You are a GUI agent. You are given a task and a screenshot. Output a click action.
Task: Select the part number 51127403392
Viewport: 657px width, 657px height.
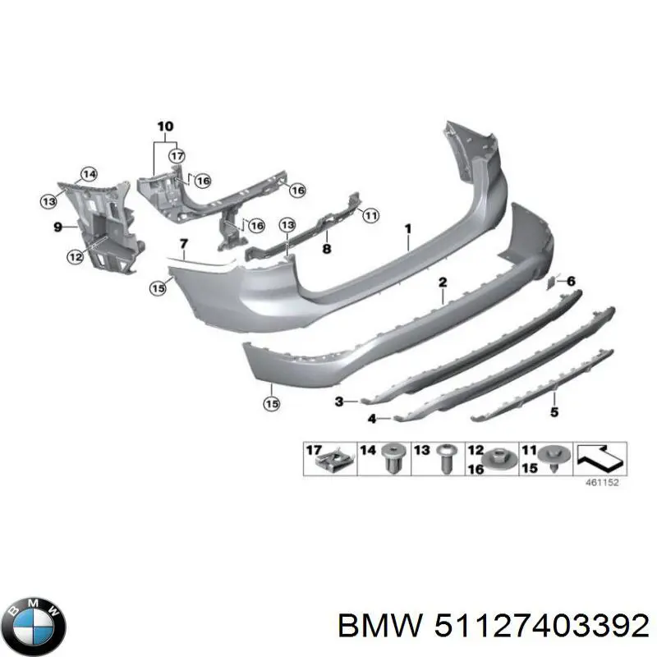541,627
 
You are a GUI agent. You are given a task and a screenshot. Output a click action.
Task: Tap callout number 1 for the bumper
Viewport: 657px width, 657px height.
407,229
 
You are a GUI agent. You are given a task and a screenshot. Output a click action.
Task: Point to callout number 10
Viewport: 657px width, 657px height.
165,126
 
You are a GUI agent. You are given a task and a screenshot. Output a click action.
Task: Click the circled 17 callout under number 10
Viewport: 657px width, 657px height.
177,156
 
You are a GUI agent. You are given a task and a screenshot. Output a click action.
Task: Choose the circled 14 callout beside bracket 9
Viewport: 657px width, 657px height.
89,174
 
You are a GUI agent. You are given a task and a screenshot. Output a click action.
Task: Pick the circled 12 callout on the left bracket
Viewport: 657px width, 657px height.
76,256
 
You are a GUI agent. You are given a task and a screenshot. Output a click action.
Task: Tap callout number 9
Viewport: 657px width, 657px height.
57,227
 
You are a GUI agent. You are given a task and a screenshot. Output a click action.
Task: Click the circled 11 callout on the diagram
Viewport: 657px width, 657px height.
371,215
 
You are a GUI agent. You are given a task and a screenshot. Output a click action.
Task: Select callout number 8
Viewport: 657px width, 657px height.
327,249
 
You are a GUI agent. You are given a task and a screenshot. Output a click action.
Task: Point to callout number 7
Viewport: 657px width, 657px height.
184,243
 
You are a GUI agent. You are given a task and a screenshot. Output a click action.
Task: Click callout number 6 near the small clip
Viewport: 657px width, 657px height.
571,281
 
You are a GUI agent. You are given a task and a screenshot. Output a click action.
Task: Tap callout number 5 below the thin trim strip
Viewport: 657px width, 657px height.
554,412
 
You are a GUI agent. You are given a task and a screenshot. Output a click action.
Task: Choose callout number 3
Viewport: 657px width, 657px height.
339,402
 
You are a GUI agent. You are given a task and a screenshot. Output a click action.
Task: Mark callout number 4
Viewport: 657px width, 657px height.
372,419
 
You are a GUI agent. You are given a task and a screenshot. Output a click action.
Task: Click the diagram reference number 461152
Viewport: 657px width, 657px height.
602,483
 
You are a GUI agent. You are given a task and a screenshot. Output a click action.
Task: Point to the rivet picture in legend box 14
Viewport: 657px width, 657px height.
391,458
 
